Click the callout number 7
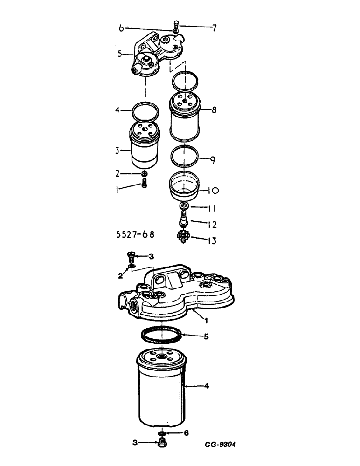pos(214,28)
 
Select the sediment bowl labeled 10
pos(183,185)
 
